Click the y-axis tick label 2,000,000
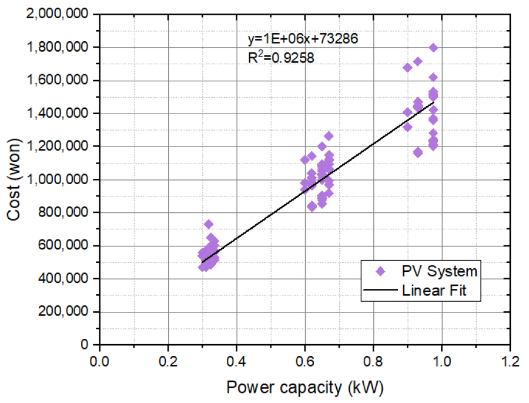pyautogui.click(x=61, y=14)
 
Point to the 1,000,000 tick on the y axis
pyautogui.click(x=61, y=179)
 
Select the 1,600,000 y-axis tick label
pyautogui.click(x=61, y=81)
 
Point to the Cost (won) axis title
pyautogui.click(x=15, y=179)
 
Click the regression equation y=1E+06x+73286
pyautogui.click(x=303, y=39)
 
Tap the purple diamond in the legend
pyautogui.click(x=380, y=271)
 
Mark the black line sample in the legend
pyautogui.click(x=380, y=290)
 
